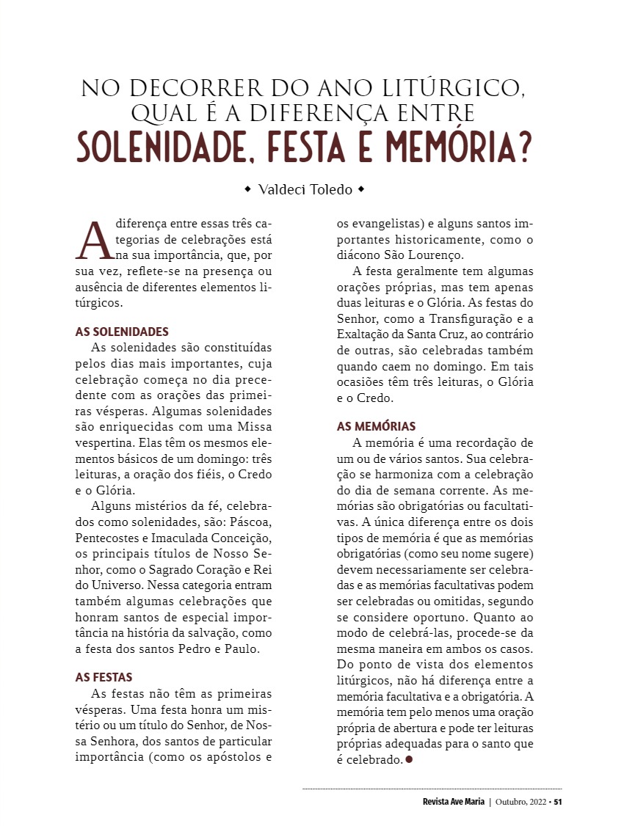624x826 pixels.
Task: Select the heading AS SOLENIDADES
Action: pyautogui.click(x=122, y=331)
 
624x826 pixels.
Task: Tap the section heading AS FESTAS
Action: pyautogui.click(x=104, y=677)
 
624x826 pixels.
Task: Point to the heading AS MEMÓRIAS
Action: pyautogui.click(x=376, y=426)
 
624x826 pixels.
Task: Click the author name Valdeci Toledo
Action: pyautogui.click(x=305, y=190)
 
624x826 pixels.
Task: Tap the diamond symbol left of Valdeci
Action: pyautogui.click(x=247, y=190)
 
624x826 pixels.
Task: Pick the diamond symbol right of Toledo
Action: pyautogui.click(x=361, y=190)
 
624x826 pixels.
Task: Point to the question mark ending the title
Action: pyautogui.click(x=523, y=147)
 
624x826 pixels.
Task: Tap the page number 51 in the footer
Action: pyautogui.click(x=558, y=801)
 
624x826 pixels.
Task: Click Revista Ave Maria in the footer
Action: pyautogui.click(x=448, y=801)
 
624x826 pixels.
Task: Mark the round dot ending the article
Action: pyautogui.click(x=409, y=759)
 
